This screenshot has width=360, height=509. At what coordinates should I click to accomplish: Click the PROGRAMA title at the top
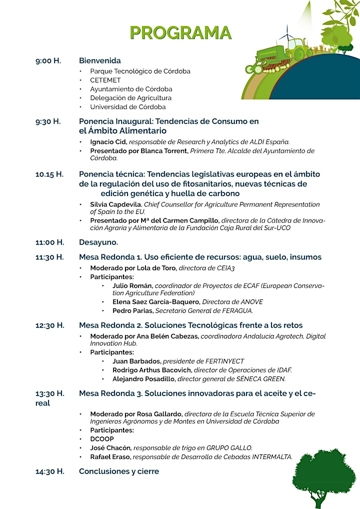180,32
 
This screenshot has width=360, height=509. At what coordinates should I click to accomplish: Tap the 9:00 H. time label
48,61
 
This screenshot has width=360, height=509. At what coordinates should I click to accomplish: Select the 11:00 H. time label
49,242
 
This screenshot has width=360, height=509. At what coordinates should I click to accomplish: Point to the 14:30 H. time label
49,471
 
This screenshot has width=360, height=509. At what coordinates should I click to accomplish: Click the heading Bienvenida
100,61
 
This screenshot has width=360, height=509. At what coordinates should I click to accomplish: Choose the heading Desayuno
98,242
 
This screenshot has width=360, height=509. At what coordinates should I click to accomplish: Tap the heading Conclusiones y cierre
119,471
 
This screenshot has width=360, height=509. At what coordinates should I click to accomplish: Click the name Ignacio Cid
108,142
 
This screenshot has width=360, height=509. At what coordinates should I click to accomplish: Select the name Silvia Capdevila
116,204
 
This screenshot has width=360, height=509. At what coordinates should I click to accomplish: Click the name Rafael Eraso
111,456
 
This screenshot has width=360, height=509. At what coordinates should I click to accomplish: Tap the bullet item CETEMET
105,80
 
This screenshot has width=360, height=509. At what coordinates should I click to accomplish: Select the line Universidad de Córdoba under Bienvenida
128,107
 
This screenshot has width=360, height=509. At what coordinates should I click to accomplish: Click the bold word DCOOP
102,439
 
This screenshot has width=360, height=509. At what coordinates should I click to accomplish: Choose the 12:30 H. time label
49,325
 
